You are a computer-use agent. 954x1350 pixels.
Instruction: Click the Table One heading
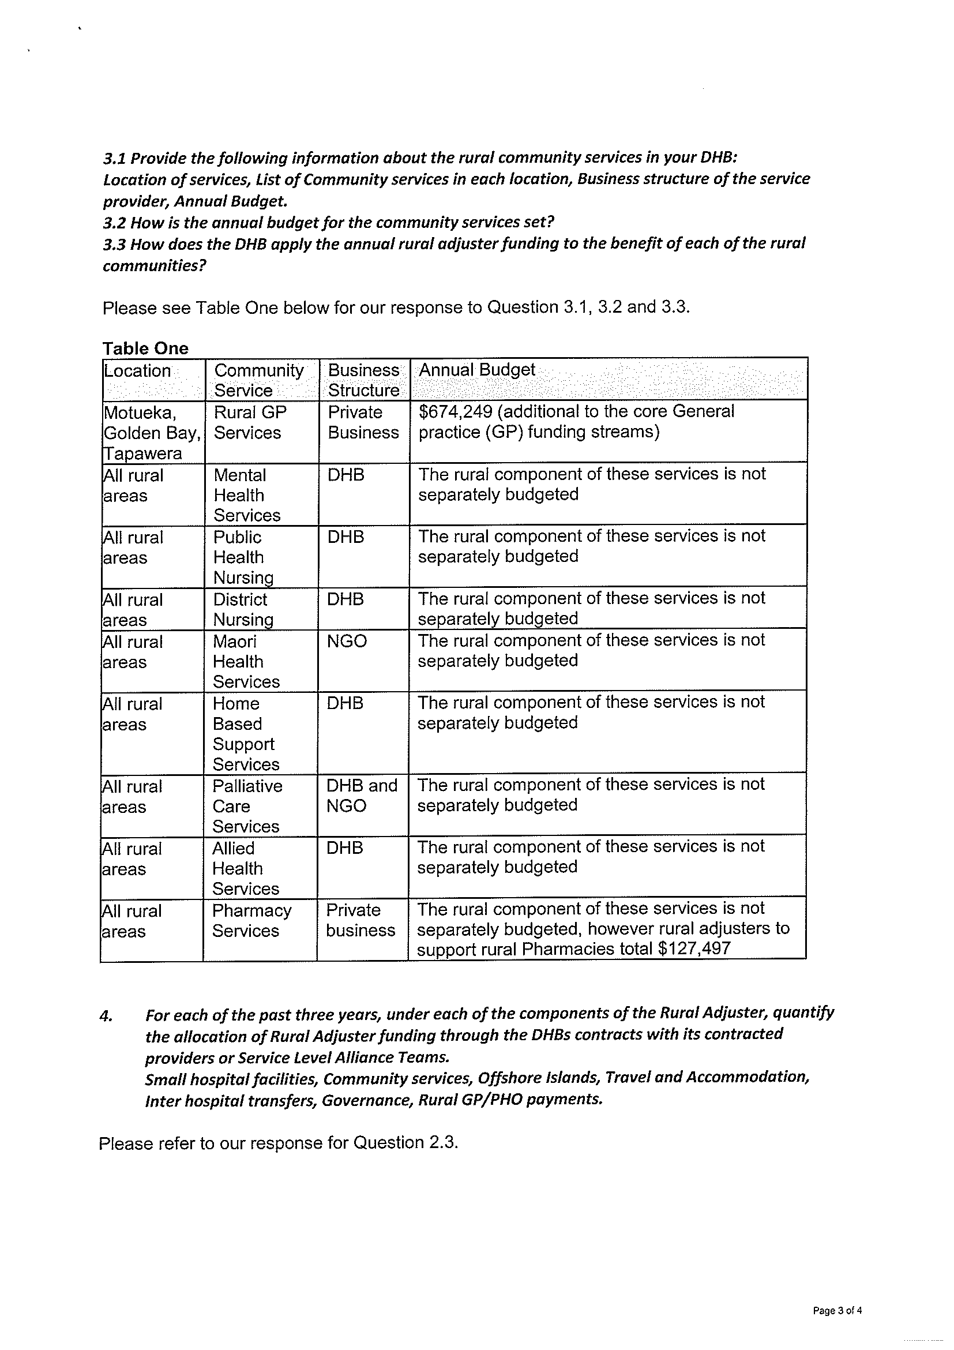click(x=145, y=348)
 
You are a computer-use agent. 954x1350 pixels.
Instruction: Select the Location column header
click(x=137, y=371)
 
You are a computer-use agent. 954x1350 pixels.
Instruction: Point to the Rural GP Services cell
click(x=250, y=422)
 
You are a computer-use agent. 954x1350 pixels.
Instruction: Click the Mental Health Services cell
click(x=246, y=495)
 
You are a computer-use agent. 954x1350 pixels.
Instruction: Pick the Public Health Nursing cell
click(x=243, y=557)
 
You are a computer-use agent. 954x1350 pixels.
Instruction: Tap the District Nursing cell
click(x=243, y=609)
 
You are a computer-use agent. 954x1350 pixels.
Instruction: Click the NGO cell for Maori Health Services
click(x=347, y=641)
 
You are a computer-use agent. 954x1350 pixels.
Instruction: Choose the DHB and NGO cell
click(x=362, y=796)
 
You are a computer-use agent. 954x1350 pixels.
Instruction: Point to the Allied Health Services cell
click(x=245, y=868)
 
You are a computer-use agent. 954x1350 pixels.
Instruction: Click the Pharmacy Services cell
click(x=251, y=921)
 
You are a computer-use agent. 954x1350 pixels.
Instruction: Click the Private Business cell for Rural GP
click(x=363, y=422)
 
